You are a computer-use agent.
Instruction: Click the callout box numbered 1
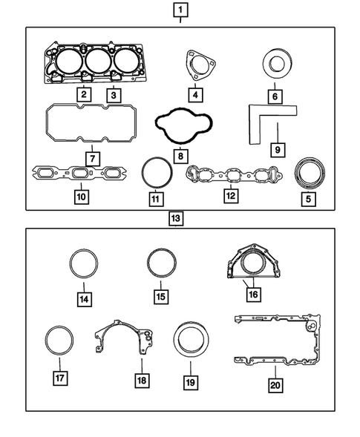click(x=180, y=10)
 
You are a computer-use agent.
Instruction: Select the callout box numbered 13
click(x=176, y=219)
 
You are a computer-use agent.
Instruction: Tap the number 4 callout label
click(x=194, y=95)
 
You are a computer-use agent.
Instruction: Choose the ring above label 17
click(x=59, y=341)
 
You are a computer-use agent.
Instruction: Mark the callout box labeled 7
click(x=91, y=159)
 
